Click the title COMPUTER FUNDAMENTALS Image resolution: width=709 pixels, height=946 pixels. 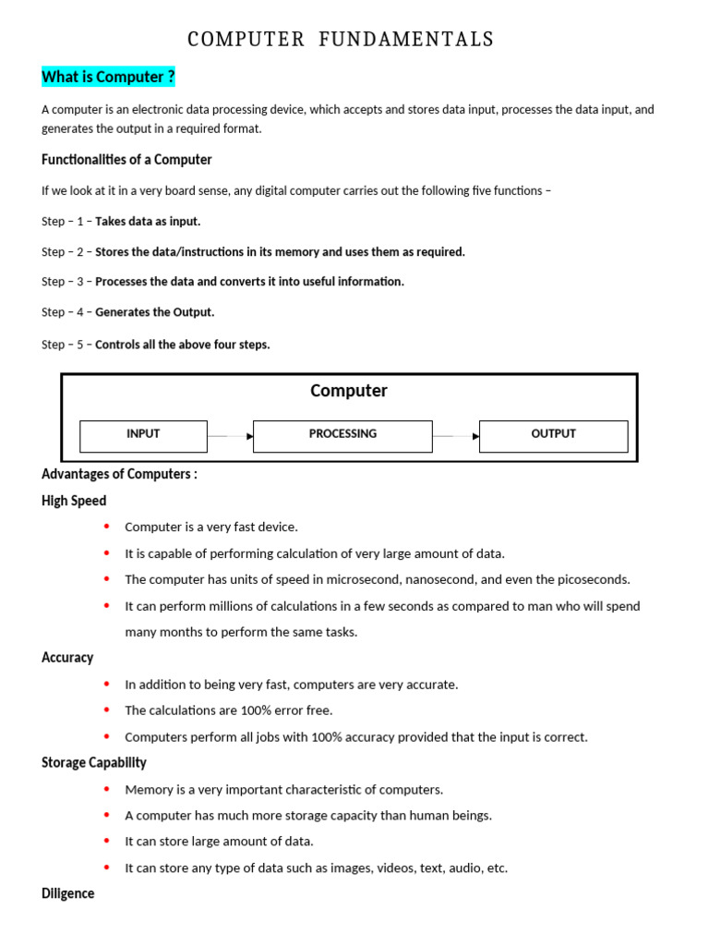click(341, 39)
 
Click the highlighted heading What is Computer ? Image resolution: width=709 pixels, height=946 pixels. click(108, 77)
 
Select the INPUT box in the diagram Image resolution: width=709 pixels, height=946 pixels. click(143, 434)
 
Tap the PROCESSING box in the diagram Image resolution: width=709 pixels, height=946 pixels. click(342, 434)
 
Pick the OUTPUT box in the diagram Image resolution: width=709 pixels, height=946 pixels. click(553, 434)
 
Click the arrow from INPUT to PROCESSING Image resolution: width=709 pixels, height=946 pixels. click(230, 436)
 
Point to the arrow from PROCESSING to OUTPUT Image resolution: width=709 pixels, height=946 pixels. click(456, 436)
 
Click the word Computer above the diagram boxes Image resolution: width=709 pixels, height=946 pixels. click(349, 391)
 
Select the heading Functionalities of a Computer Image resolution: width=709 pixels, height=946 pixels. click(126, 160)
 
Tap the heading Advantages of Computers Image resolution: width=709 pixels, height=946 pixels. click(119, 474)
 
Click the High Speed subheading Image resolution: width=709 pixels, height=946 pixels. click(74, 501)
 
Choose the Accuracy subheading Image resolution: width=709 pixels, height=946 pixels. click(67, 658)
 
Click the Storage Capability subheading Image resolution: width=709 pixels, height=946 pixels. click(94, 763)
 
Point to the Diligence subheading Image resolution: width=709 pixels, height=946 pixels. click(68, 894)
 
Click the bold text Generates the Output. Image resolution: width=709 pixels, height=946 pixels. click(155, 312)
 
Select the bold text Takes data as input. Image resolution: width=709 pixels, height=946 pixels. click(148, 222)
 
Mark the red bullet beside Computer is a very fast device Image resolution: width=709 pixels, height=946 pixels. click(106, 527)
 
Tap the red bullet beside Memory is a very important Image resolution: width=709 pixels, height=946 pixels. click(106, 789)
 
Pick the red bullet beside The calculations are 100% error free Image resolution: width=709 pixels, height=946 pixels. click(106, 710)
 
